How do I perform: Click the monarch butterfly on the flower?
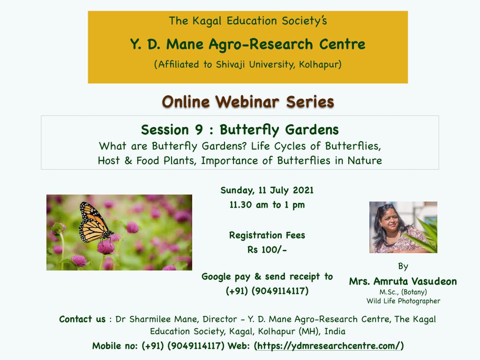[94, 223]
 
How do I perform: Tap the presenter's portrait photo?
[403, 227]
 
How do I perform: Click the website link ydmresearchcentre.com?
[329, 346]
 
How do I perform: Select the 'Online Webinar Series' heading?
[247, 102]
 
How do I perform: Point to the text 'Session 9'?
[172, 130]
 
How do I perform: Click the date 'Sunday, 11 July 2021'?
[267, 190]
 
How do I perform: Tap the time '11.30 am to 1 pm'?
[267, 205]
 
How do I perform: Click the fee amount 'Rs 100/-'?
[267, 250]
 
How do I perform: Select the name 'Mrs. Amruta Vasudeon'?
[403, 281]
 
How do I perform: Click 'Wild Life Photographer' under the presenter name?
[403, 301]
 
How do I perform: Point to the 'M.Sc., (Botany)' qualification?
[403, 292]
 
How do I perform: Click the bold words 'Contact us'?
[82, 319]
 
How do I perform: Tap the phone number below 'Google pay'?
[267, 291]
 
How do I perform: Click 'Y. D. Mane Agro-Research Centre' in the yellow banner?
[247, 45]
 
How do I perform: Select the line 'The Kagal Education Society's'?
[247, 21]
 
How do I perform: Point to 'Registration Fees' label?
[267, 235]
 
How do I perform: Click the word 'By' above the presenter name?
[403, 266]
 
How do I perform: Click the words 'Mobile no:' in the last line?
[115, 346]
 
